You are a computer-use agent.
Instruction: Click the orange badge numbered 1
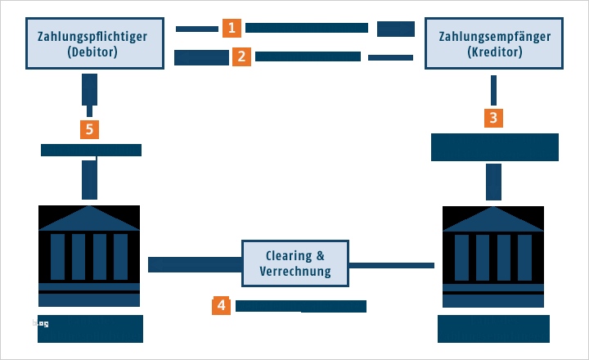232,28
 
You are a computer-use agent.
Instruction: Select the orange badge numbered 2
241,56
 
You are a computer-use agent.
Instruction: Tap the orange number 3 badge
492,117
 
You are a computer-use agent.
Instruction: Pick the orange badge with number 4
220,306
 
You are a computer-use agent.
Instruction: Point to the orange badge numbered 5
89,128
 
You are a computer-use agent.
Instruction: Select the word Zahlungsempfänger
494,37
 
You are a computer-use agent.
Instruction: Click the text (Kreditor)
494,53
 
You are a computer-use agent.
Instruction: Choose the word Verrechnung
295,271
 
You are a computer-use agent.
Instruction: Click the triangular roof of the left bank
89,218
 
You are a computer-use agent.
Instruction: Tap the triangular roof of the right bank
493,218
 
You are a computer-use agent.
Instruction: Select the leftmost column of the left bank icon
57,257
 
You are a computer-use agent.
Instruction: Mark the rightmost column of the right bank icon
524,257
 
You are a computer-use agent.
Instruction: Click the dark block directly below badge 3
494,147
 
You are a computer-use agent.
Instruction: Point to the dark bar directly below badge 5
91,150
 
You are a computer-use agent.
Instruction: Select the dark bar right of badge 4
300,306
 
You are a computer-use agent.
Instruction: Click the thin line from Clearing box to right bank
391,265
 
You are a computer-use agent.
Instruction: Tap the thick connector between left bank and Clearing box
195,264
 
